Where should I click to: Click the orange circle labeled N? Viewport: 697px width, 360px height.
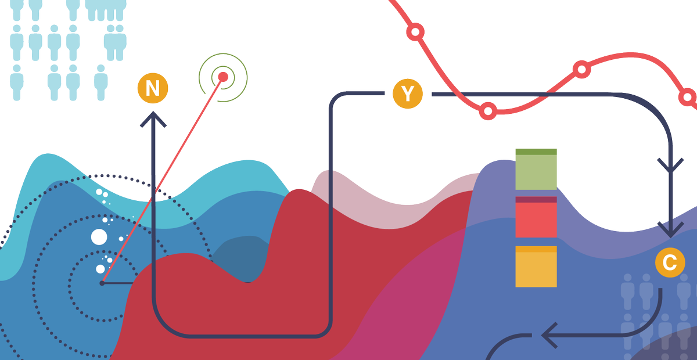(153, 88)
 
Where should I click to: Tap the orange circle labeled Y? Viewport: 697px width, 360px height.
(408, 93)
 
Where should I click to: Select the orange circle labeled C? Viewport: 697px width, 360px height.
(670, 262)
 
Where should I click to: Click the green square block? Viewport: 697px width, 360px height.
(536, 170)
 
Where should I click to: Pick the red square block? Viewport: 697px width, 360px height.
(536, 217)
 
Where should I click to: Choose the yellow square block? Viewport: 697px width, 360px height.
(536, 267)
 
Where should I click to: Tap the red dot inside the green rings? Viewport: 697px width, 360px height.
(223, 77)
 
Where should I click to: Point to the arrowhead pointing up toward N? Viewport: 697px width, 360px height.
(153, 120)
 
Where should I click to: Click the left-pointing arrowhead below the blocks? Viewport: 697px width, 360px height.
(549, 336)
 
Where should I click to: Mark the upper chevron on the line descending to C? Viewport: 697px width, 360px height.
(670, 165)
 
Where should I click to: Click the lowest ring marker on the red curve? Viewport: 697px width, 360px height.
(488, 111)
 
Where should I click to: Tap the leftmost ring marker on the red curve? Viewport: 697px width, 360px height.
(415, 32)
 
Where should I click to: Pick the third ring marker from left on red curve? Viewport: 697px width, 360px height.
(581, 69)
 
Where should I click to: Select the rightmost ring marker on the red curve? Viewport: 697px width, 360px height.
(687, 97)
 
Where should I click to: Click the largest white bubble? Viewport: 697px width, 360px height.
(99, 237)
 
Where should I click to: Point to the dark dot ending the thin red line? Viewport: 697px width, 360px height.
(102, 283)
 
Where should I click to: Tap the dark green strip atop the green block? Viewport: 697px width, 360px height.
(536, 152)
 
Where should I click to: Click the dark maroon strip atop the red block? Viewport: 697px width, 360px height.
(536, 200)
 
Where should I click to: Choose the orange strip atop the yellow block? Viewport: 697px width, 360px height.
(536, 249)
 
